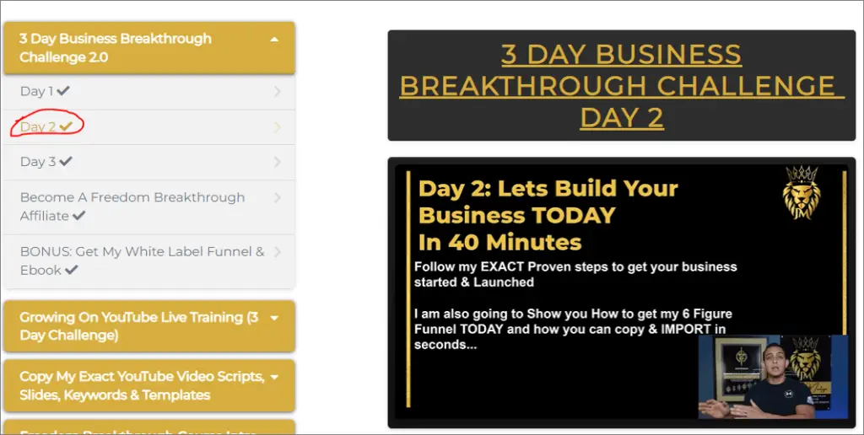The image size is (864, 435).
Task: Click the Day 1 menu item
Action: pos(45,91)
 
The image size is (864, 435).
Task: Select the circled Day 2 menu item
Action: pos(46,126)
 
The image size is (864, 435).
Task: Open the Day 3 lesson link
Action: pos(46,161)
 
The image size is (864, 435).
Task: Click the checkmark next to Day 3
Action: pos(66,161)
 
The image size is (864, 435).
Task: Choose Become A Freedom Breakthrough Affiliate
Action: pos(132,207)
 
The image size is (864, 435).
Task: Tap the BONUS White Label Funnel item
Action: pos(142,260)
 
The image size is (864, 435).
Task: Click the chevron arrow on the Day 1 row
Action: pos(277,91)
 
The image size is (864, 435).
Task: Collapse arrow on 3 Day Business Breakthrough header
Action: pos(274,39)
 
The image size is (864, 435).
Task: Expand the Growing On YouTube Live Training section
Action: pos(139,326)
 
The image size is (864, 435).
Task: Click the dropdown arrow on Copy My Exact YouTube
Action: pos(274,377)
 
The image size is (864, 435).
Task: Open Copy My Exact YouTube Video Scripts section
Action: pos(142,385)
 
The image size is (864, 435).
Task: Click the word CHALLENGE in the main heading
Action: pos(746,86)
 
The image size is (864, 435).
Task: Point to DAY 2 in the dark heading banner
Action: pos(622,118)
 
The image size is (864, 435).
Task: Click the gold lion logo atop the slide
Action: pos(802,193)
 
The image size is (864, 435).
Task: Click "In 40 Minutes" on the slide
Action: pos(499,242)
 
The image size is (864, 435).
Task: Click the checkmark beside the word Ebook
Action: pos(72,270)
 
